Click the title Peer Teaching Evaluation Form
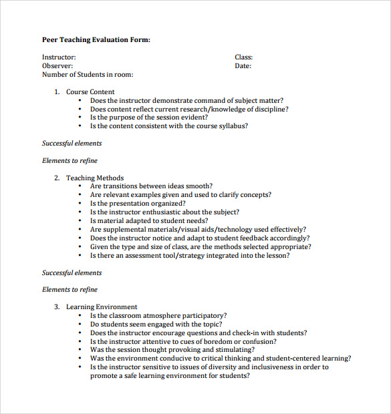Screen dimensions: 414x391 (x=96, y=40)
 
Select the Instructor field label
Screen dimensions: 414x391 (x=59, y=57)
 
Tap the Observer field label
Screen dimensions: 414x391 (x=57, y=66)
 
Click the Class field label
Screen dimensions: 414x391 (x=243, y=57)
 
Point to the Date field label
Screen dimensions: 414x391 (x=243, y=66)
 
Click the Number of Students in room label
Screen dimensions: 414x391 (x=88, y=75)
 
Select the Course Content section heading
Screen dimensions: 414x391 (x=90, y=92)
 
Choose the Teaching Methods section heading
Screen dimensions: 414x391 (x=94, y=178)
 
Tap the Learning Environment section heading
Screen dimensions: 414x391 (x=102, y=307)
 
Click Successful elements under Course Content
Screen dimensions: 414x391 (x=72, y=144)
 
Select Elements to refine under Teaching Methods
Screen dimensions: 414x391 (x=70, y=290)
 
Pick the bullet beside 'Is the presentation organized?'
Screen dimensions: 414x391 (x=80, y=204)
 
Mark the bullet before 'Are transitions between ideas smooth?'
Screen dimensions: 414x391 (x=80, y=186)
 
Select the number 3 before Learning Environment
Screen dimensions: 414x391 (x=57, y=307)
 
